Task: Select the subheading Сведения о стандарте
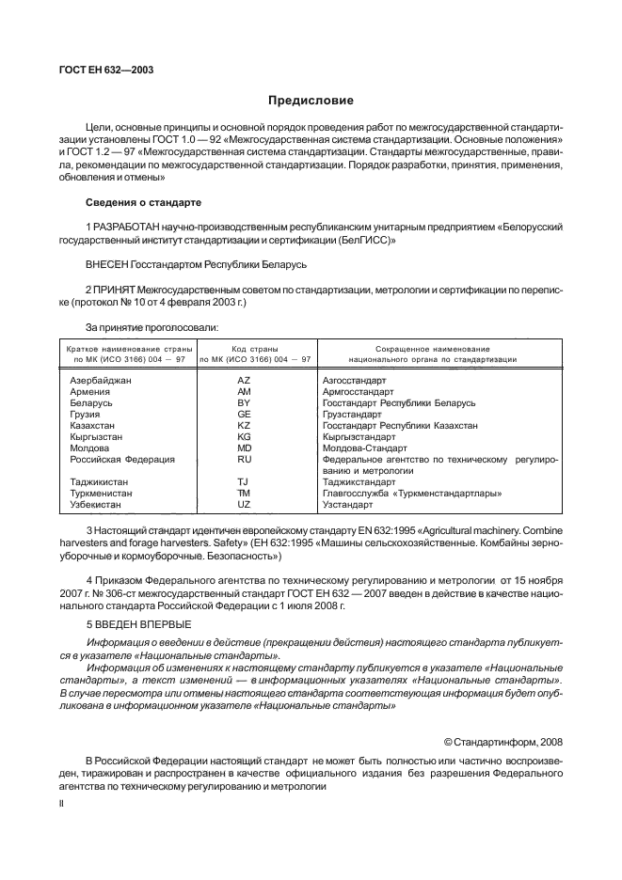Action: pos(142,202)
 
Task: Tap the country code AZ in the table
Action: pos(244,380)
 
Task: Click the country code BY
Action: pos(244,402)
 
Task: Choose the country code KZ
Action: pos(244,426)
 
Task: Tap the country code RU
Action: pos(244,460)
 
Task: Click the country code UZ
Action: pos(244,505)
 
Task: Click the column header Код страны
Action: pos(257,348)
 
